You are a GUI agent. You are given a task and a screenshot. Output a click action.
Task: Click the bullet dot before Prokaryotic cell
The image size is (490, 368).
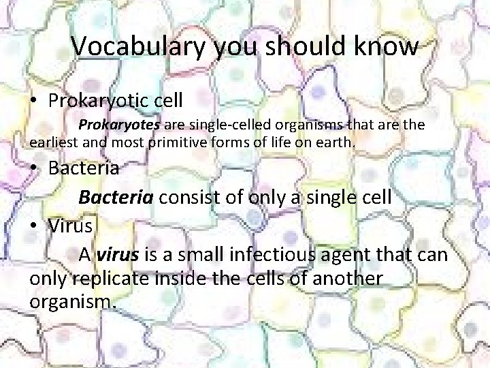[x=33, y=101]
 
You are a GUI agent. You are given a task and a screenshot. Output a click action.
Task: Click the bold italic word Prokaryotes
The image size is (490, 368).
[x=119, y=125]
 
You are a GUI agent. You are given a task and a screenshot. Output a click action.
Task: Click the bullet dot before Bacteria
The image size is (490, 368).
[x=33, y=168]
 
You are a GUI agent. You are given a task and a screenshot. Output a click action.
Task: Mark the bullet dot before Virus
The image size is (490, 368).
[x=33, y=227]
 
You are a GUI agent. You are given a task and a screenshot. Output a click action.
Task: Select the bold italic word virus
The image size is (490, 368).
[x=118, y=256]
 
